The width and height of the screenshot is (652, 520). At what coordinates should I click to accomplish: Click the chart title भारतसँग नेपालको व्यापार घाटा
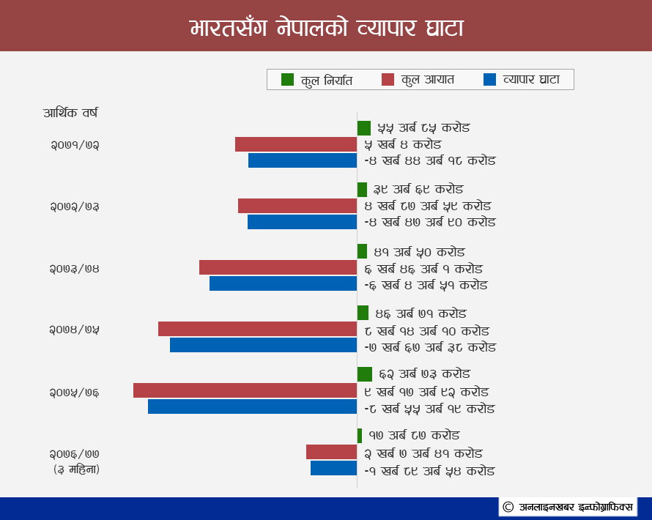coord(327,28)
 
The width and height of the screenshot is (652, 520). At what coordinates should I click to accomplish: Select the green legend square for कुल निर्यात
coord(287,79)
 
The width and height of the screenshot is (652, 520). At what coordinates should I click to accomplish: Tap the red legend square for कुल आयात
coord(388,79)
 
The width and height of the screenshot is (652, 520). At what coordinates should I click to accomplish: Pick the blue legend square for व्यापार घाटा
coord(490,79)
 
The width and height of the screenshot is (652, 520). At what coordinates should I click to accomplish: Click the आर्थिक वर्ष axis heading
coord(70,113)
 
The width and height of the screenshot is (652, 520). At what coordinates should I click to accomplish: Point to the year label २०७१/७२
coord(75,145)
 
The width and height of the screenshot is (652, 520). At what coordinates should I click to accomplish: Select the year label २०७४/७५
coord(75,330)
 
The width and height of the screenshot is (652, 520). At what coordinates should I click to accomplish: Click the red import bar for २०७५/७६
coord(245,390)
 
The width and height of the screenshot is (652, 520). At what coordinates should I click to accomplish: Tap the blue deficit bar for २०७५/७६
coord(253,406)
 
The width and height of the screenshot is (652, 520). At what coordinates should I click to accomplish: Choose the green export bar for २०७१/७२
coord(364,128)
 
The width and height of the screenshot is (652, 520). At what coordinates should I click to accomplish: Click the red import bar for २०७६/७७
coord(331,452)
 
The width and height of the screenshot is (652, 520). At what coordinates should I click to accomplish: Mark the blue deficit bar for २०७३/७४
coord(284,283)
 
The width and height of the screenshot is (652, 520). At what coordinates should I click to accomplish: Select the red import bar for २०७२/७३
coord(297,206)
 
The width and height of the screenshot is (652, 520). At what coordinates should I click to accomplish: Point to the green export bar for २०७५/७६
coord(365,374)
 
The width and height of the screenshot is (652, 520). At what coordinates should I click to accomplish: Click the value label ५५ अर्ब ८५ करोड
coord(423,127)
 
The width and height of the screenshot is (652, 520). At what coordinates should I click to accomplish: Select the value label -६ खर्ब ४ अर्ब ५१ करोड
coord(426,285)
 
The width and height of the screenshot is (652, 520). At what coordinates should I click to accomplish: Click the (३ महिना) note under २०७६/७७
coord(76,469)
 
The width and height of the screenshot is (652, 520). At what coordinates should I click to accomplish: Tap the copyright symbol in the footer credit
coord(508,507)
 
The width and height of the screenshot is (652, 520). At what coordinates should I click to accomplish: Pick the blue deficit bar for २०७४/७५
coord(263,345)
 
